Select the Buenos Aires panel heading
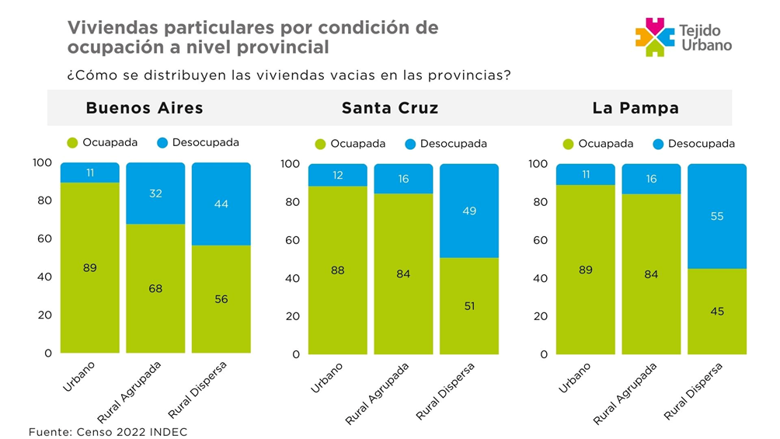[145, 108]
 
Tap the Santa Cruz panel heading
[390, 108]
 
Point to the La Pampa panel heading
[635, 108]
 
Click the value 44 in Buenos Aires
[221, 203]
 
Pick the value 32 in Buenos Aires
[155, 193]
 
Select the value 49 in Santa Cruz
[468, 211]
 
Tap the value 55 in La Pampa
[717, 216]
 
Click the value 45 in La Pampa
[717, 311]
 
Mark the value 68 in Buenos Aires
[155, 288]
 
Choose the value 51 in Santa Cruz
[468, 305]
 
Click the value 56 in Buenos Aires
[221, 299]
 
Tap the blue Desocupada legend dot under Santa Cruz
[410, 144]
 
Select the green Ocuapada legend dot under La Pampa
[568, 144]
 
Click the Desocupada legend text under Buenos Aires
[206, 143]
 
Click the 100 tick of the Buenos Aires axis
[42, 162]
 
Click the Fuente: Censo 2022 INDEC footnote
[108, 431]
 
